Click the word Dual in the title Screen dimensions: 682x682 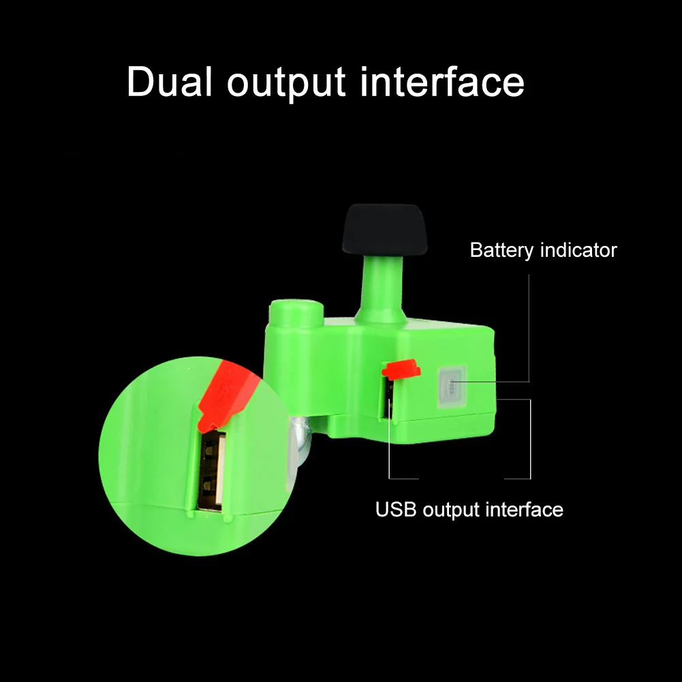coord(170,82)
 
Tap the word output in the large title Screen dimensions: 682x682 coord(286,83)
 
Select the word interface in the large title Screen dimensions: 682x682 coord(442,82)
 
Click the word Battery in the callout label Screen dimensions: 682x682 coord(501,250)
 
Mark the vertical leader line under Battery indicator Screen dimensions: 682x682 coord(529,327)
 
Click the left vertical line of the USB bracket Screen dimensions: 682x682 coord(389,443)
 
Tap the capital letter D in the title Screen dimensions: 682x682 coord(140,82)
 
